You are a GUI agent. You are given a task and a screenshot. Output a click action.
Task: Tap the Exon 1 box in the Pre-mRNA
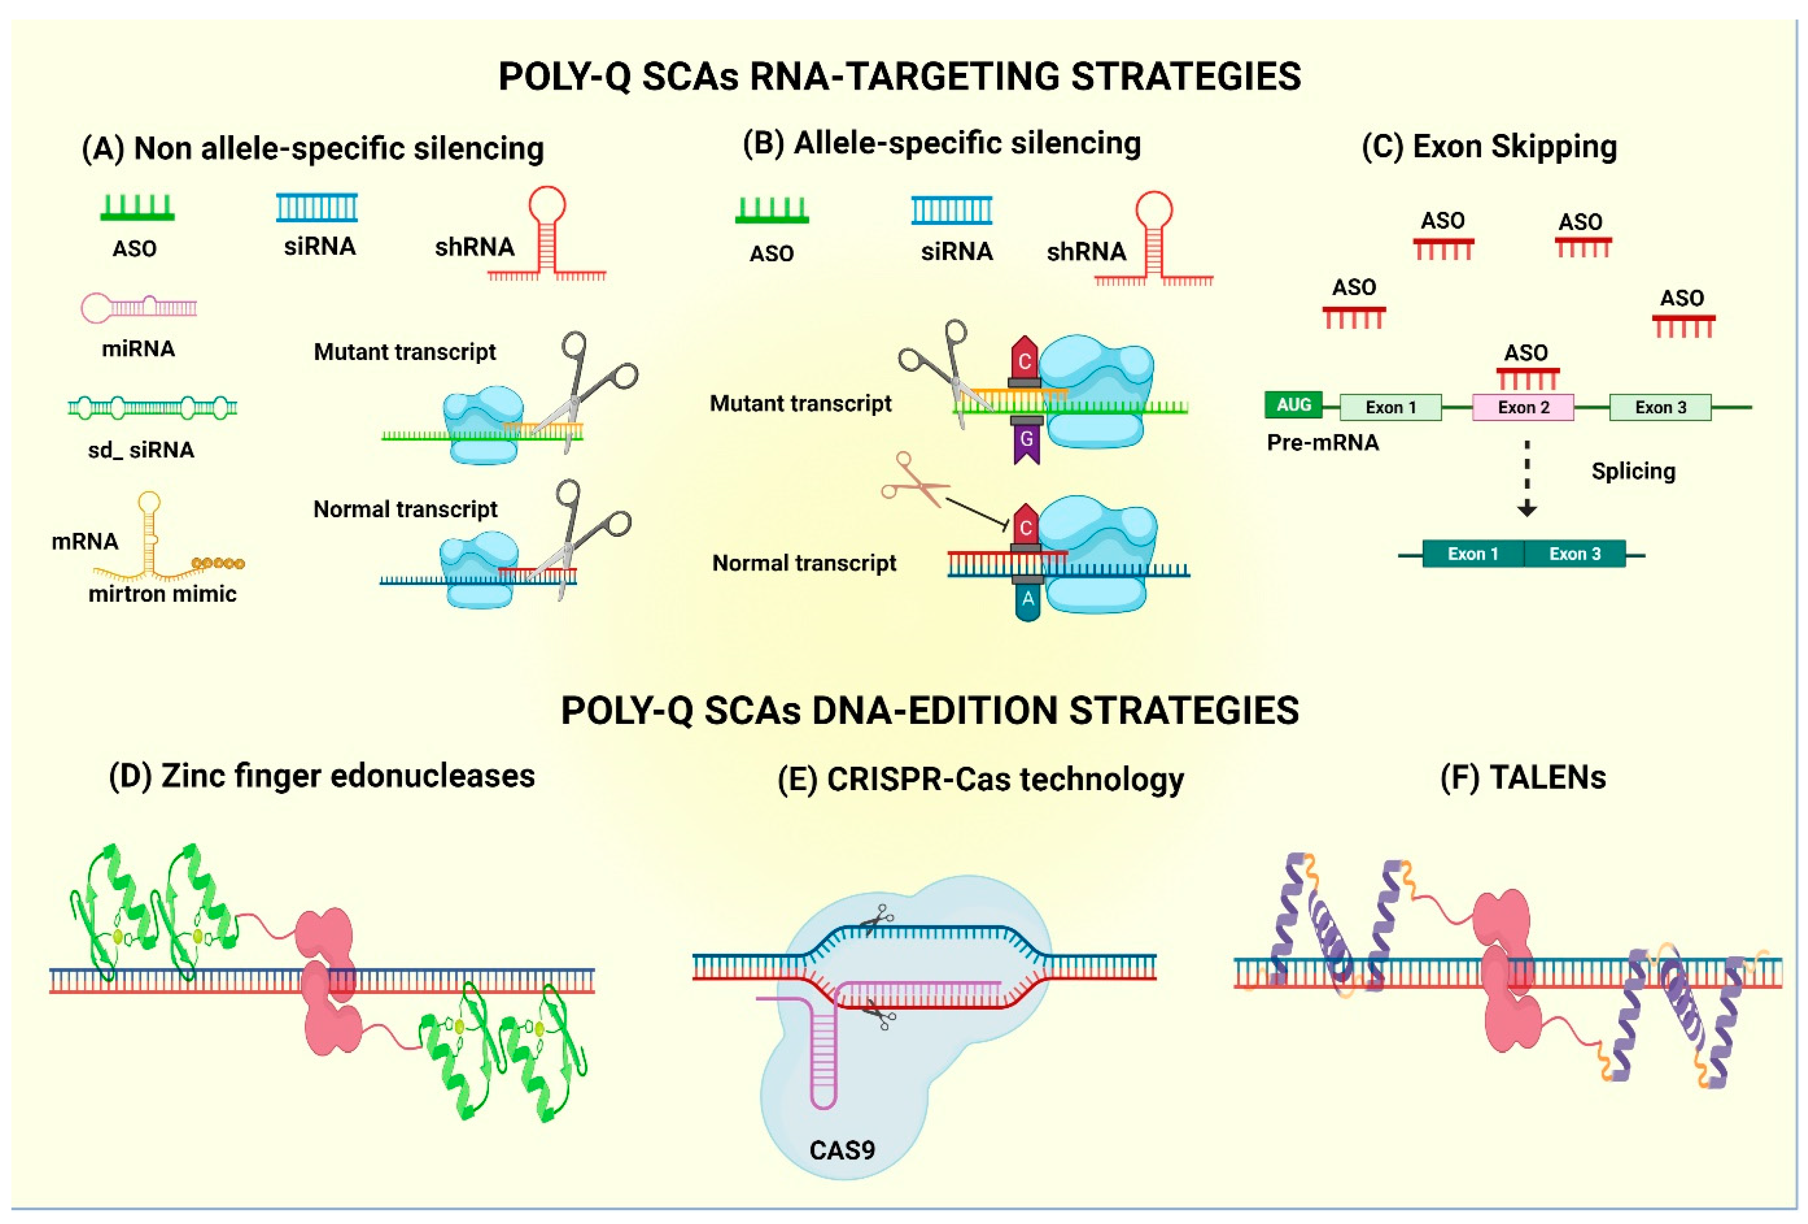pyautogui.click(x=1390, y=407)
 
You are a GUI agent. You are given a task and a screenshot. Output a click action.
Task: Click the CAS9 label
pyautogui.click(x=842, y=1149)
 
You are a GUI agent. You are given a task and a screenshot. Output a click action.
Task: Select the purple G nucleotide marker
pyautogui.click(x=1026, y=441)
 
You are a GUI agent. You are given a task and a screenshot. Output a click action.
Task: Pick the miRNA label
pyautogui.click(x=139, y=349)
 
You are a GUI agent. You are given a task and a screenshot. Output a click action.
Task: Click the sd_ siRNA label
pyautogui.click(x=141, y=450)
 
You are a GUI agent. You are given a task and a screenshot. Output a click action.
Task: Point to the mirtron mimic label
pyautogui.click(x=162, y=594)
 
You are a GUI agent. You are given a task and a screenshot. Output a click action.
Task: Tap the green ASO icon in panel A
pyautogui.click(x=138, y=207)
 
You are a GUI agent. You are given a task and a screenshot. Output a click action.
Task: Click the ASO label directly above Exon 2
pyautogui.click(x=1526, y=352)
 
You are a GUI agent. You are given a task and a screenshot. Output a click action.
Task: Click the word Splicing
pyautogui.click(x=1633, y=471)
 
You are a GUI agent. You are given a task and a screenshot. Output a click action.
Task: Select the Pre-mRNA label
pyautogui.click(x=1322, y=442)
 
